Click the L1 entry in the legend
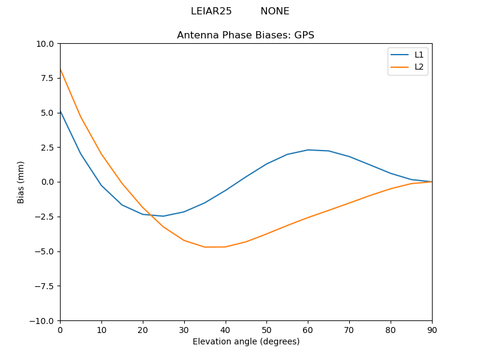pos(419,55)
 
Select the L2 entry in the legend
pos(419,67)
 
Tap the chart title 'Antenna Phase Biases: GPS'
pos(245,35)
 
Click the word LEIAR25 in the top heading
pos(211,11)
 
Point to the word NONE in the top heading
pos(275,11)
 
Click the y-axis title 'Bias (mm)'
pos(21,182)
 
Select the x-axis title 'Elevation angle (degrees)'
pos(246,342)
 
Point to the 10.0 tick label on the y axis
pos(45,44)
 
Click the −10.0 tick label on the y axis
pos(43,321)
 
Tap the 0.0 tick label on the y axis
pos(47,182)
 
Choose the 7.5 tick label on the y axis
pos(47,78)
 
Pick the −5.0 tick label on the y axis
pos(45,251)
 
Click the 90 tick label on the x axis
pos(432,329)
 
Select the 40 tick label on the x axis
pos(225,329)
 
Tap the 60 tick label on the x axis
pos(308,329)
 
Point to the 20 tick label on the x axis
pos(143,329)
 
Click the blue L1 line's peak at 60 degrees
pos(308,150)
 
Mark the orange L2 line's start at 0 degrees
pos(61,70)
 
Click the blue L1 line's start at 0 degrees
pos(61,111)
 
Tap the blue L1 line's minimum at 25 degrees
pos(163,216)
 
